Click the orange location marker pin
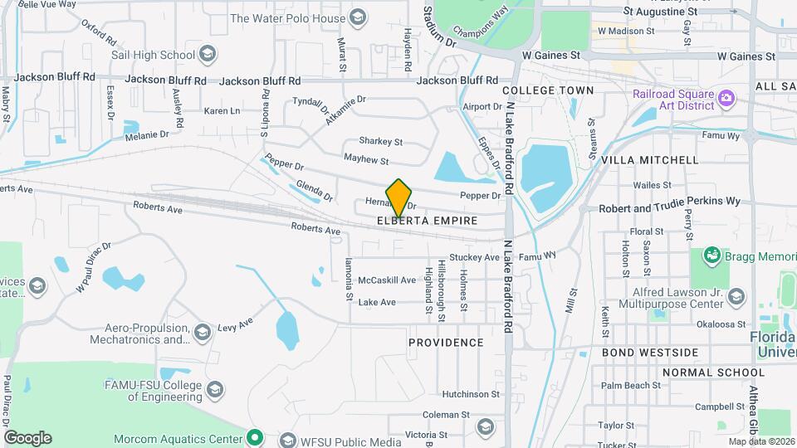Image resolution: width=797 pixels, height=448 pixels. coord(399,197)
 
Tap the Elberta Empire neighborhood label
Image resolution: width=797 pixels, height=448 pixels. coord(427,222)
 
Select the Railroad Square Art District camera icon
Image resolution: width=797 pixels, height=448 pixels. coord(726,99)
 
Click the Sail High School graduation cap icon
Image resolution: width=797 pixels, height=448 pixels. coord(208,56)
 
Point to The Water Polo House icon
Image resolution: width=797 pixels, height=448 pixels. coord(358,17)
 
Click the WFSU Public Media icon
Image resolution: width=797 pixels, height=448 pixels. coord(288,439)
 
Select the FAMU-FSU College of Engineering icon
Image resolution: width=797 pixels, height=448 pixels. coord(214,391)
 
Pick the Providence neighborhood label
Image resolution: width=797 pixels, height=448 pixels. coord(446,343)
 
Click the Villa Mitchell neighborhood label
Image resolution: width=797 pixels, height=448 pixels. coord(650,159)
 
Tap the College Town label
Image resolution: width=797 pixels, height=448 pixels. coord(548,90)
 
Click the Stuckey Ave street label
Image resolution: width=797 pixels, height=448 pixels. coord(474,257)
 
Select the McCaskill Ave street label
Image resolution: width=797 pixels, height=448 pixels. coord(386,280)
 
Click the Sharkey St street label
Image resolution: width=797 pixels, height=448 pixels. coord(380,142)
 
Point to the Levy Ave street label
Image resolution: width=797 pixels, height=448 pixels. coord(234,321)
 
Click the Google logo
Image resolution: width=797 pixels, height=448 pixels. coord(27,438)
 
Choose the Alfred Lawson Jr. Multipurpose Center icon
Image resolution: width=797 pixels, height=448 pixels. coord(735,297)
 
